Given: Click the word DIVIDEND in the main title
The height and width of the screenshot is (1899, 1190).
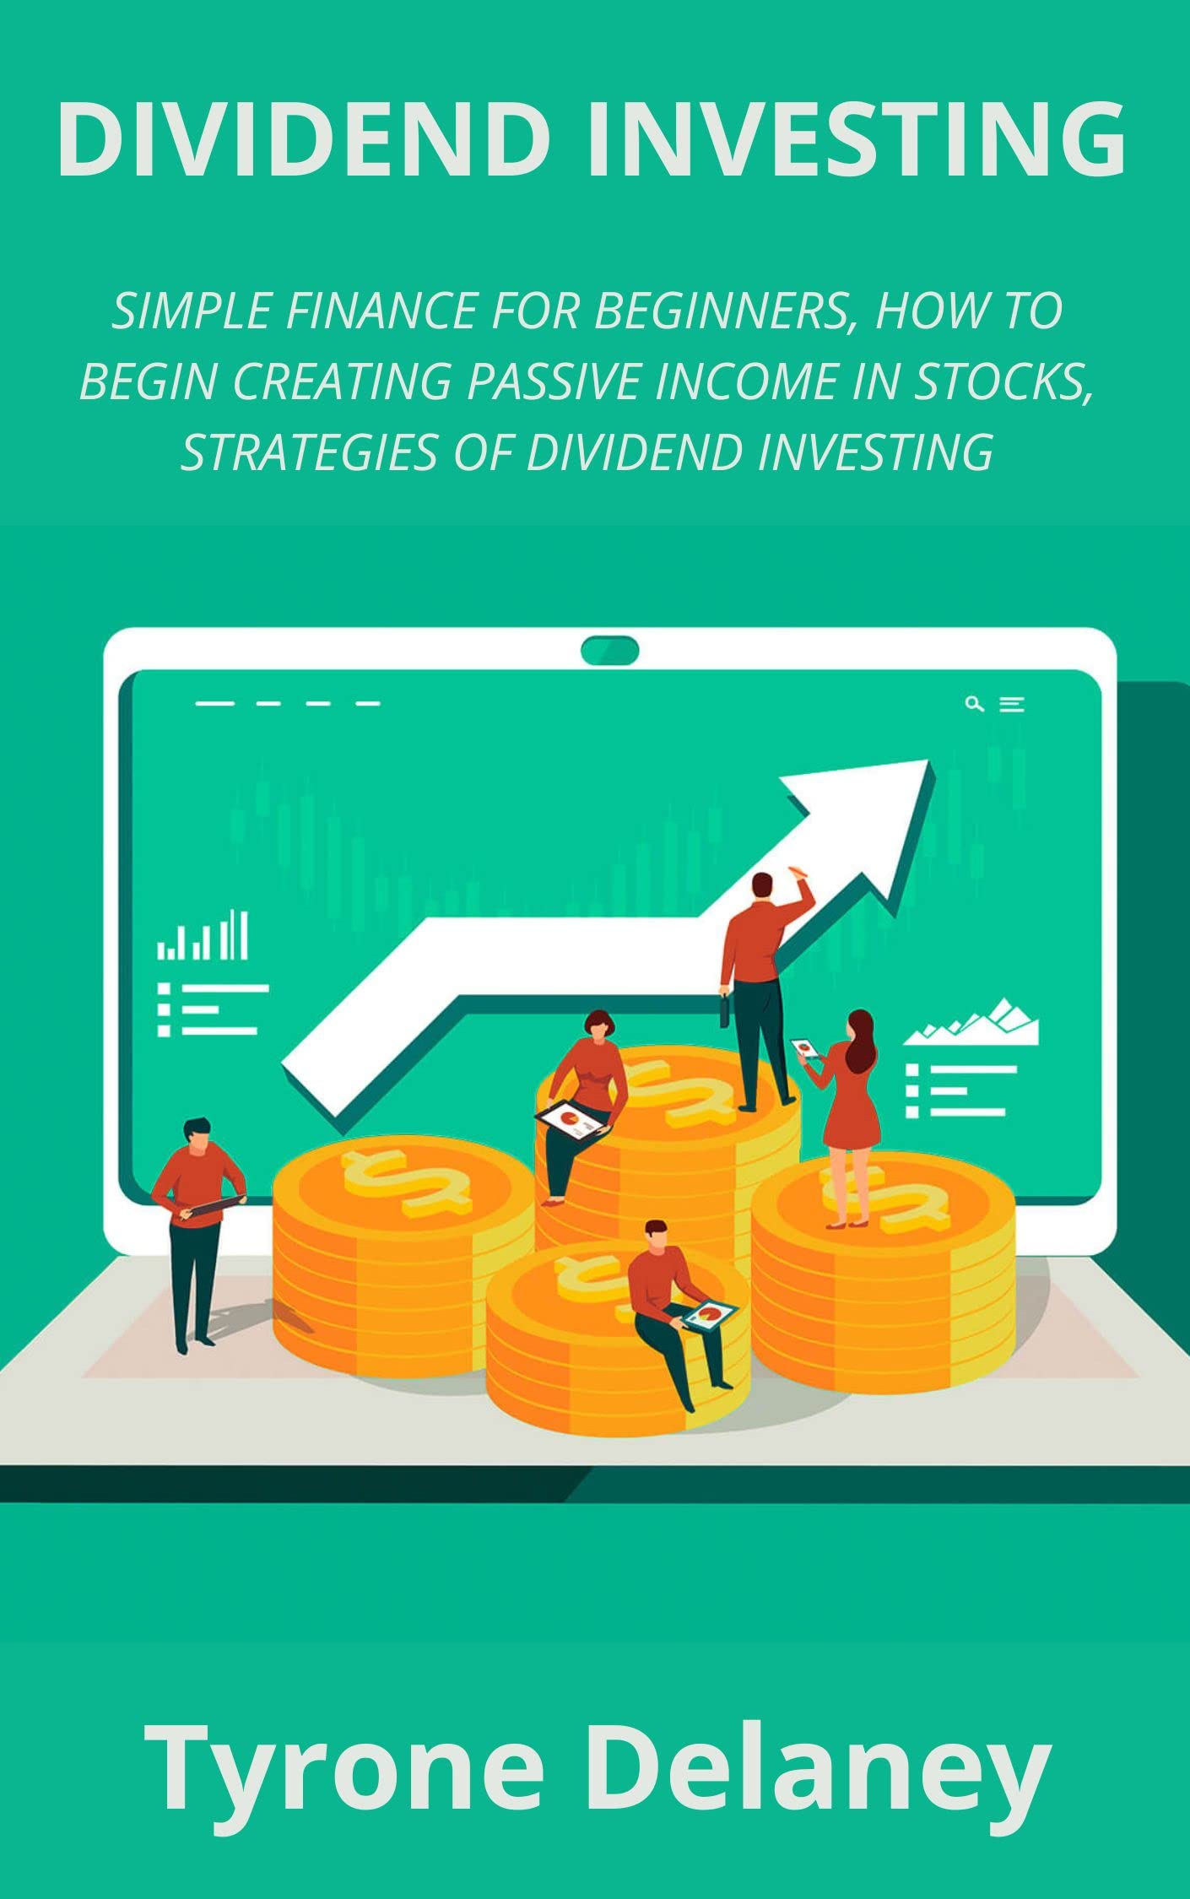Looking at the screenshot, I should [304, 139].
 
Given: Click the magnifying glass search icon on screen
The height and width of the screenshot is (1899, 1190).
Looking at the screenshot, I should [974, 704].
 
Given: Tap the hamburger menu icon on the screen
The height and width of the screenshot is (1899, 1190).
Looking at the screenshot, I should [1012, 704].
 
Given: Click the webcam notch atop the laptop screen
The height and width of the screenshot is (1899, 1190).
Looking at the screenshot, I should [609, 651].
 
